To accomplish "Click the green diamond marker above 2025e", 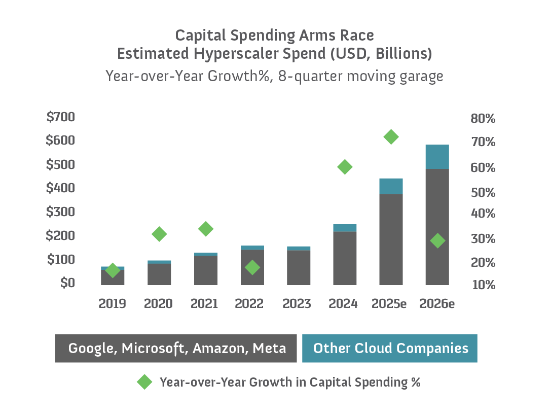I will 391,136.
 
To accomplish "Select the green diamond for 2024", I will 345,167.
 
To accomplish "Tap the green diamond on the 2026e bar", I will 437,240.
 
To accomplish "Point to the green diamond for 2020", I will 159,234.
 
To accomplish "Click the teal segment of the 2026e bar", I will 437,157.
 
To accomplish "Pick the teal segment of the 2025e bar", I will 391,186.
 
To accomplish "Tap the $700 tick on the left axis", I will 60,117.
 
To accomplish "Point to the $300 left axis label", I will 60,212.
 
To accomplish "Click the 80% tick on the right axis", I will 483,119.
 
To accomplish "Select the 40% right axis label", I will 483,214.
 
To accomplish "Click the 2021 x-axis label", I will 204,303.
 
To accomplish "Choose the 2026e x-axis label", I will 437,303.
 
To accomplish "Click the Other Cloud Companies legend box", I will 390,349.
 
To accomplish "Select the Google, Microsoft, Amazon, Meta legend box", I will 176,349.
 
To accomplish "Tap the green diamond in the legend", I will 144,382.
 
